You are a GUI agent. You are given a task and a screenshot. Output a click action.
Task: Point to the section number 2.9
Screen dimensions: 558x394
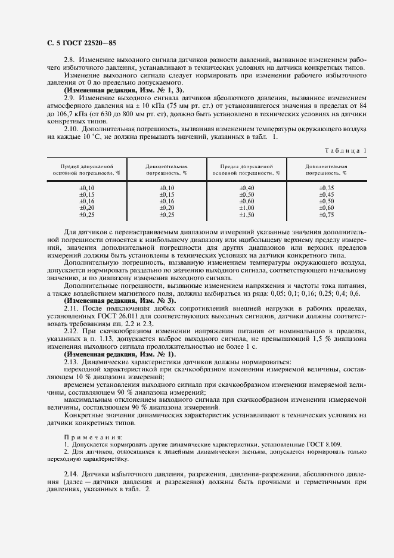70,97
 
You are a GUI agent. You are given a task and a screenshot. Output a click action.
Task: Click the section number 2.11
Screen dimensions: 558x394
72,309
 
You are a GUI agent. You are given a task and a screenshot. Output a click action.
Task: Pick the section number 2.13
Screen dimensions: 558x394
72,361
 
